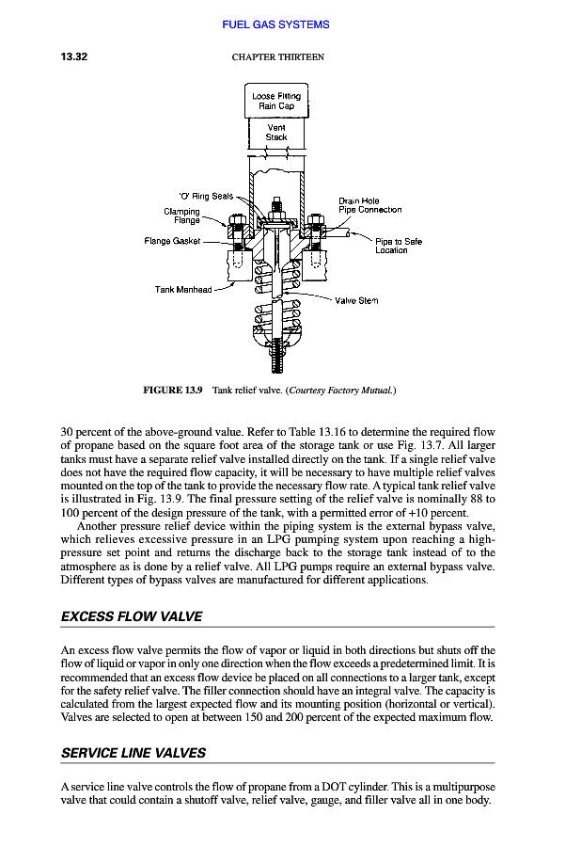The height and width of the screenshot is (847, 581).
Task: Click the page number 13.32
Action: [x=74, y=56]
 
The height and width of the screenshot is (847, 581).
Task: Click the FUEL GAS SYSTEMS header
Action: [x=275, y=24]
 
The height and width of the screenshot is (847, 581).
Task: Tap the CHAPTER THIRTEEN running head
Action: [x=277, y=57]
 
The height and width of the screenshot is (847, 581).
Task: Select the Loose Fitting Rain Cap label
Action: [x=276, y=101]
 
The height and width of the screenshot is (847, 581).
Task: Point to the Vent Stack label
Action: [x=276, y=132]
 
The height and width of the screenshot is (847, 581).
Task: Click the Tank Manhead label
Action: [x=183, y=289]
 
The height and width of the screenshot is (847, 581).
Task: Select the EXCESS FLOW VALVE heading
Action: [x=132, y=616]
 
